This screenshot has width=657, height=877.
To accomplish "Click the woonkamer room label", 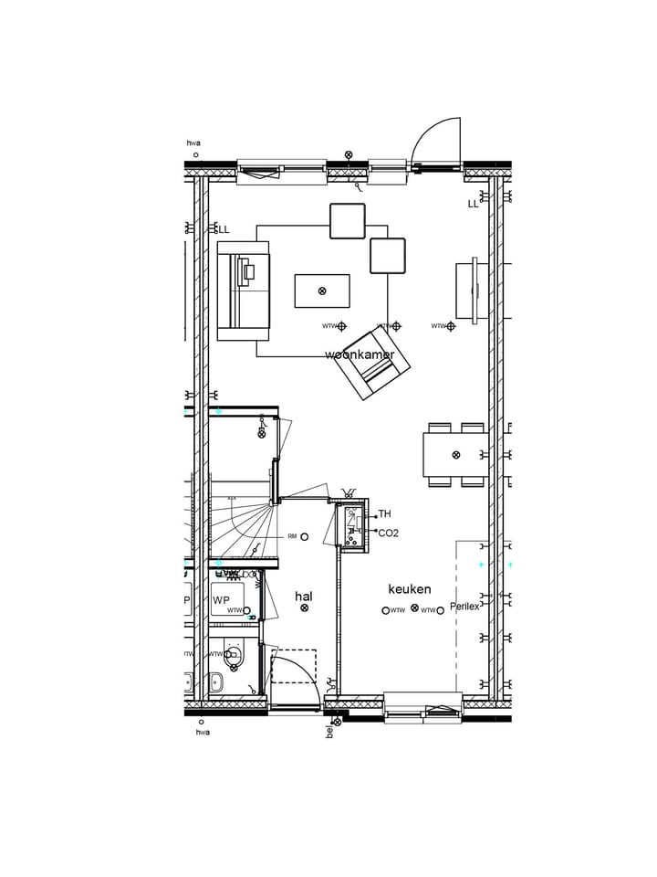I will (x=360, y=354).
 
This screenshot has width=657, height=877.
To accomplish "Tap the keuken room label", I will (x=409, y=589).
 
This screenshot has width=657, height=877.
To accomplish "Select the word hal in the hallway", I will (x=304, y=597).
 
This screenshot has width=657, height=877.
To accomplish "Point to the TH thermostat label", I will (x=384, y=514).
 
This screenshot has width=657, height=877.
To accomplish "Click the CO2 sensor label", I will (x=388, y=533).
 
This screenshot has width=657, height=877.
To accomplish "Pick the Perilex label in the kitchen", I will (x=464, y=607).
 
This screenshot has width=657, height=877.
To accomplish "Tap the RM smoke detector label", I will (x=292, y=536).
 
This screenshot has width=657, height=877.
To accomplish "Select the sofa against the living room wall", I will (x=243, y=291).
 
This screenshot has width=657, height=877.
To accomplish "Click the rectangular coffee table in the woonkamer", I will (x=321, y=291).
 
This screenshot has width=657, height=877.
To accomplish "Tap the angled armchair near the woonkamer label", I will (x=371, y=363).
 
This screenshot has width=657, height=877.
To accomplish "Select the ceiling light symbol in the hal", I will (x=305, y=608).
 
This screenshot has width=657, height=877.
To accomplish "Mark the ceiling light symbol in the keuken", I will (x=415, y=608).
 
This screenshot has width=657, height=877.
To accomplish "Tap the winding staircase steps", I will (x=242, y=525).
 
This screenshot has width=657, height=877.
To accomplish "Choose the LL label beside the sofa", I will (x=224, y=229).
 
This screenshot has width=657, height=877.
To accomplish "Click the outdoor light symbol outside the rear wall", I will (x=349, y=155).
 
